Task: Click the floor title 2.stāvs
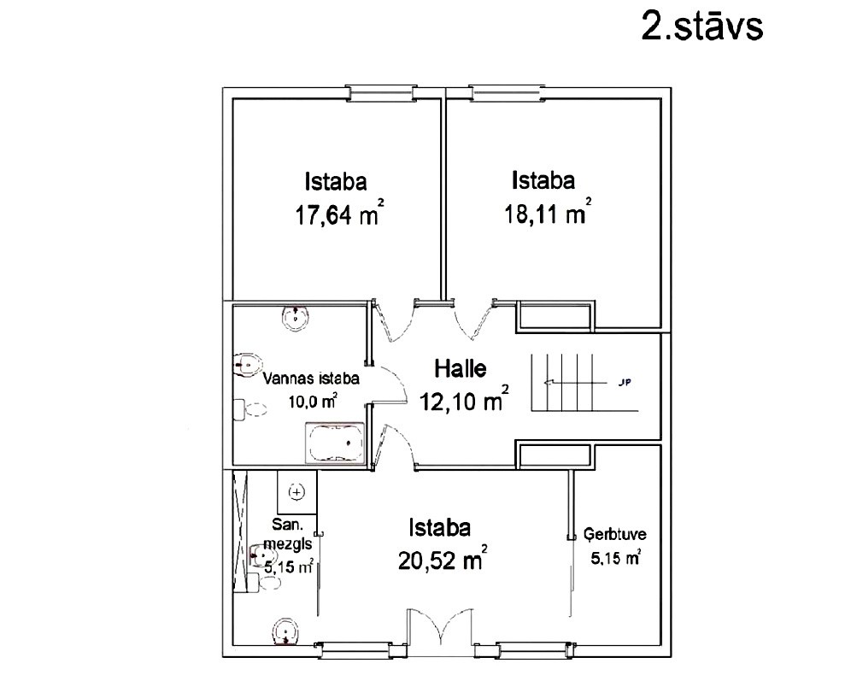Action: tap(701, 25)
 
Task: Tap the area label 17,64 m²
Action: tap(339, 213)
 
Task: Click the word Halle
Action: tap(461, 369)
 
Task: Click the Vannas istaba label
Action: tap(311, 379)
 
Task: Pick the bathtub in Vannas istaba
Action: tap(334, 443)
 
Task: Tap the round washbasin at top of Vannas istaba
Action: tap(296, 317)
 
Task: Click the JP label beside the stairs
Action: tap(624, 383)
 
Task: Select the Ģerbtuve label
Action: tap(615, 534)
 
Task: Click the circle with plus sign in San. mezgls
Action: tap(296, 492)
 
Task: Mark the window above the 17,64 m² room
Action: tap(381, 93)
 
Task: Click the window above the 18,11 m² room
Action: tap(507, 93)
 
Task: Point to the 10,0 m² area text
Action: tap(313, 402)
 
